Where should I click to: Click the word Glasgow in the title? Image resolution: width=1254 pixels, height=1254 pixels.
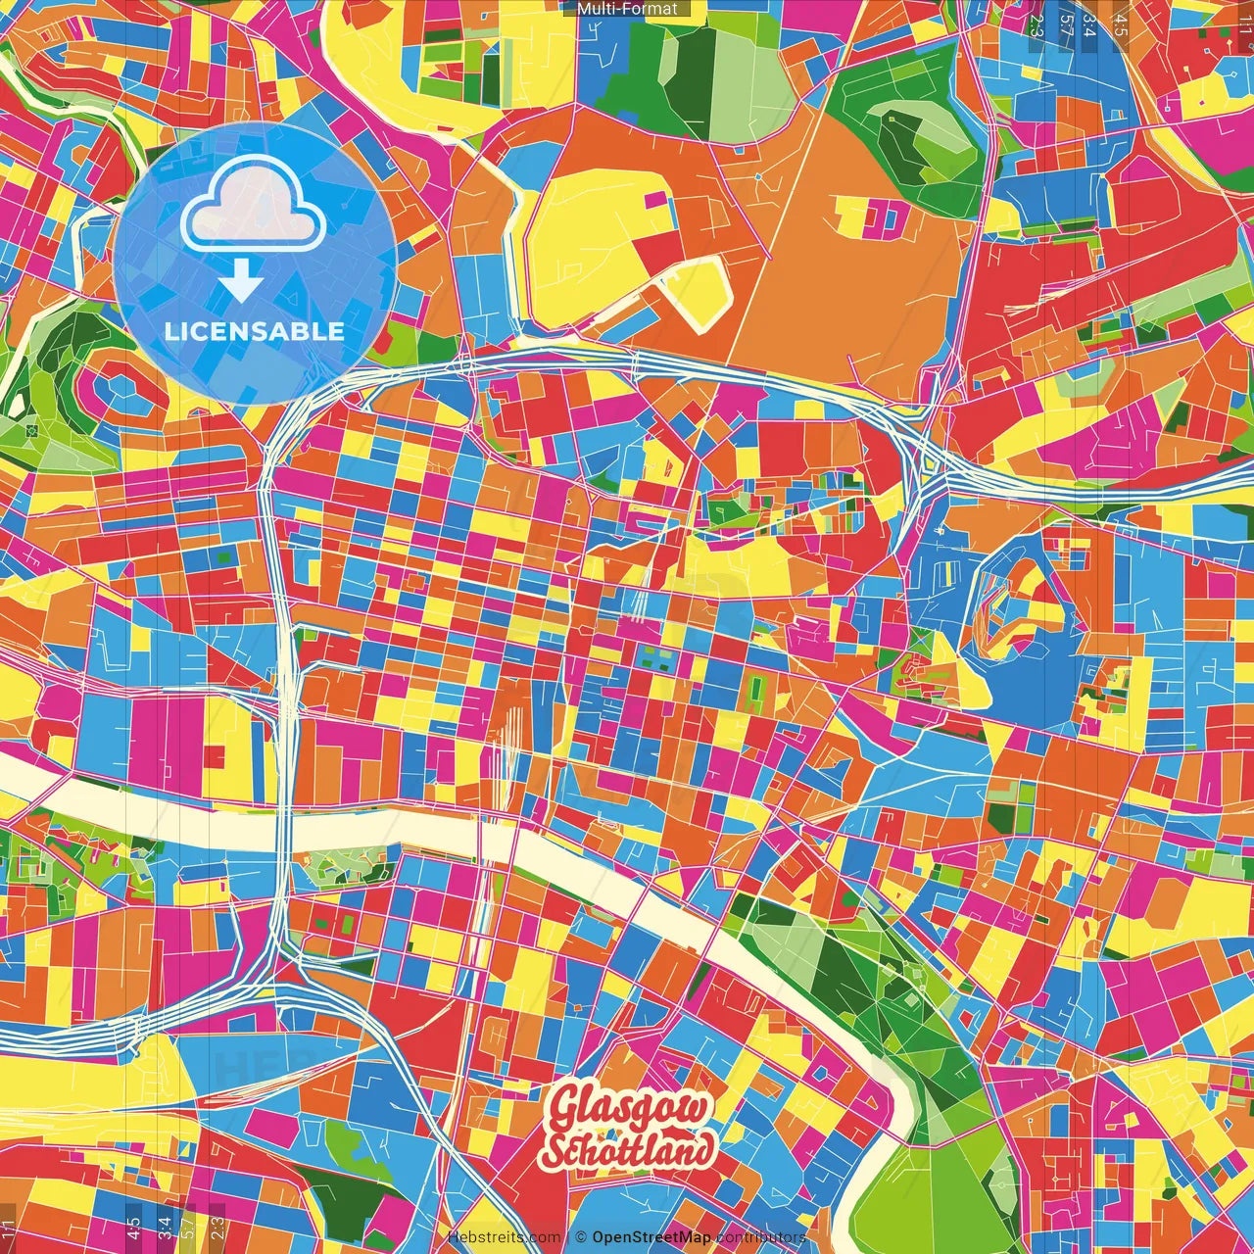[x=628, y=1111]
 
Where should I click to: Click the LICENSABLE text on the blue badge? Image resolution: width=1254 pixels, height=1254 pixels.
[x=255, y=331]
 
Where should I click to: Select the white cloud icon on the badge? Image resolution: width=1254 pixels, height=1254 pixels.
[x=254, y=205]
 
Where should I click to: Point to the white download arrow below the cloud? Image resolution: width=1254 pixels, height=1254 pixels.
[x=241, y=282]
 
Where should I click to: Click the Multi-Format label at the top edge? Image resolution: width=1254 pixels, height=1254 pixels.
[x=626, y=9]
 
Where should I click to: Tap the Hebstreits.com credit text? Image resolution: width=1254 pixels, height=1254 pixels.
[x=505, y=1237]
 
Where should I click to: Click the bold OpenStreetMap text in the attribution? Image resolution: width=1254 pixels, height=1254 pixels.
[x=651, y=1237]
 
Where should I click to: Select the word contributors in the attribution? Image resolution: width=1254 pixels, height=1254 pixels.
[x=761, y=1237]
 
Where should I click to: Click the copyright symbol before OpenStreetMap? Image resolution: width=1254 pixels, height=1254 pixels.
[x=581, y=1237]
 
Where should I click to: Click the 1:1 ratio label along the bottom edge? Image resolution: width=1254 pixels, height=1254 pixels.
[x=9, y=1228]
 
